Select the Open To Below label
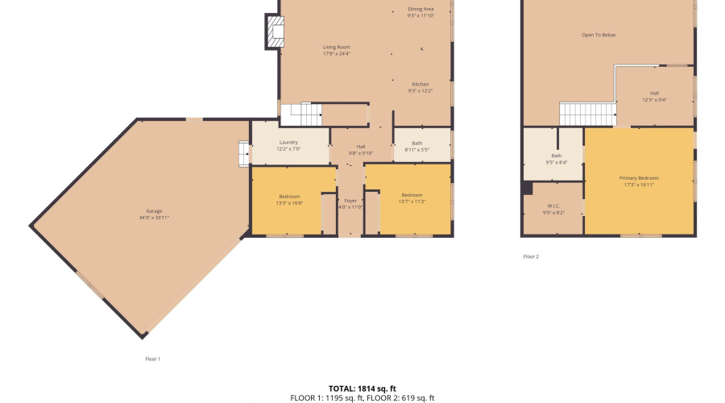[x=599, y=35]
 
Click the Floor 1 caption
[x=152, y=359]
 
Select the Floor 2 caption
[x=531, y=256]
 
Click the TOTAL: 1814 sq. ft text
[x=362, y=388]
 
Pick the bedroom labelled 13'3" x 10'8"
[x=289, y=199]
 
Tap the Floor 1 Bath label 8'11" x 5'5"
[x=416, y=146]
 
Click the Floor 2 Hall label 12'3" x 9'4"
[x=654, y=97]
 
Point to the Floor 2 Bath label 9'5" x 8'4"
[x=557, y=159]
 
